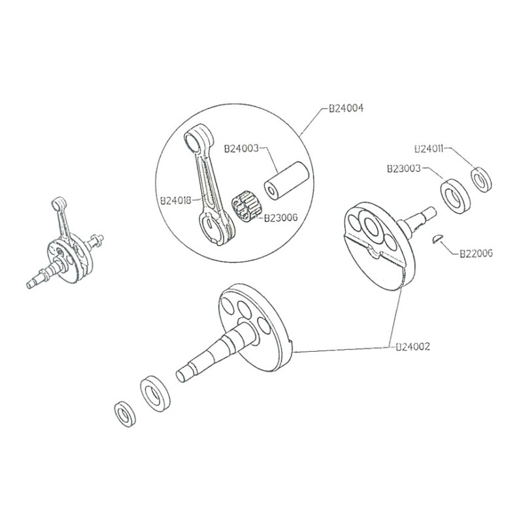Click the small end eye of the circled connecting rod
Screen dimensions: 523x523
pyautogui.click(x=195, y=139)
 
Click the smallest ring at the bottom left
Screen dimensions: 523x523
pyautogui.click(x=124, y=413)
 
